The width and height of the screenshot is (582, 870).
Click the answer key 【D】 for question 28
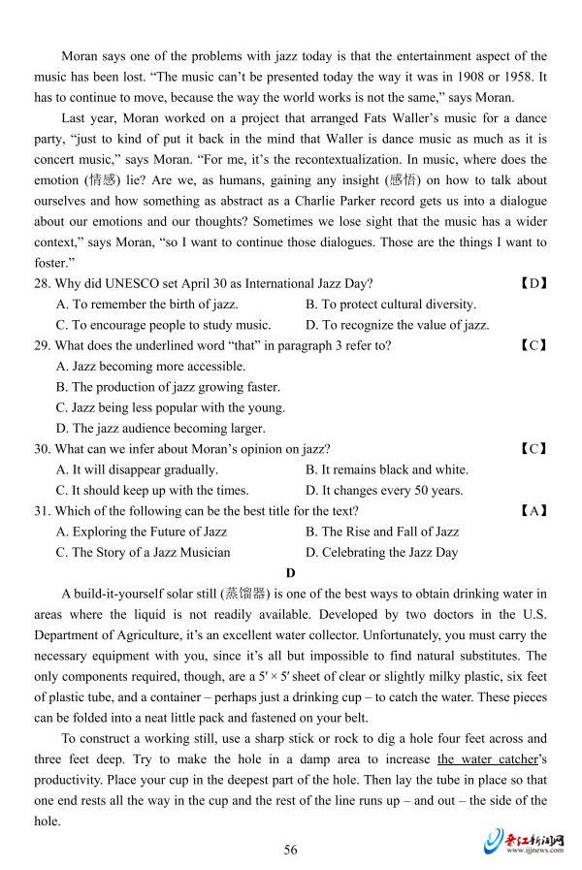(x=533, y=283)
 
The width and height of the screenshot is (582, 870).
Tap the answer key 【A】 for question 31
(x=533, y=510)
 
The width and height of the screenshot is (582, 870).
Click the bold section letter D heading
(x=290, y=573)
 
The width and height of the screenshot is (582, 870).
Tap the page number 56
(x=290, y=850)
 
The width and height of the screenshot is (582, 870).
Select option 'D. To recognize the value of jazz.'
(x=397, y=325)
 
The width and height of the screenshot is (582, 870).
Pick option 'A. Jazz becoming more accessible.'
(x=150, y=367)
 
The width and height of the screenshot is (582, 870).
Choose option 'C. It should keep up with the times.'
(x=152, y=490)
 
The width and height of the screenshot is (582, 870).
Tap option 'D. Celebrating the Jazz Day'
(x=381, y=552)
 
